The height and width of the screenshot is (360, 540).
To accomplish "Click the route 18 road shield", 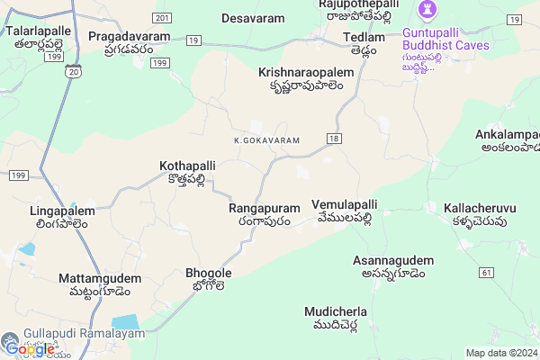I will click(x=334, y=138).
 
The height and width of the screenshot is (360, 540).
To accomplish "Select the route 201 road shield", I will click(x=162, y=18).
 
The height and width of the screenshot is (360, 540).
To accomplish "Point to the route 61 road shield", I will click(x=487, y=272).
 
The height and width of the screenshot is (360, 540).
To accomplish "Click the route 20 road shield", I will click(x=73, y=70).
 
